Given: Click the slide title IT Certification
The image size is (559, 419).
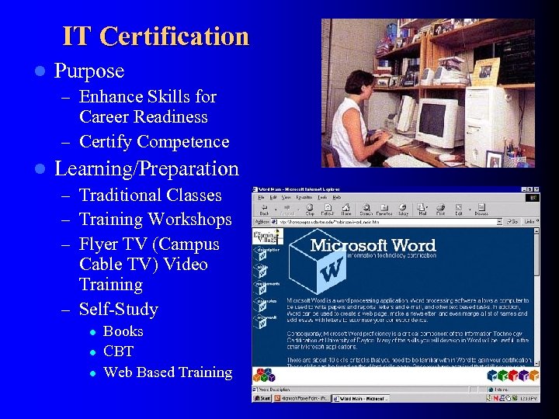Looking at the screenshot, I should coord(155,36).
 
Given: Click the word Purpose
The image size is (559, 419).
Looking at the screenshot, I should coord(89,71).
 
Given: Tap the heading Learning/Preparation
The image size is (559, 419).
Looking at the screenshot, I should coord(147,168).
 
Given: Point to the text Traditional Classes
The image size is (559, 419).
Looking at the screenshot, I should coord(151,196).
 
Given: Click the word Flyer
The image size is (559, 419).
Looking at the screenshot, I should coord(100,244).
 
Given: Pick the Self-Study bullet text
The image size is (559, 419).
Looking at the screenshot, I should coord(119,310).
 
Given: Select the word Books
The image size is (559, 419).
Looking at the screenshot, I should coord(123,331).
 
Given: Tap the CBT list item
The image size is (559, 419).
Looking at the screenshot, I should coord(119,351).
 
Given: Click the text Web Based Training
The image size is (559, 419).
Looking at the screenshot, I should coord(168,372).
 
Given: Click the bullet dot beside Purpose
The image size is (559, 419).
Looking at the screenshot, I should coord(40,71).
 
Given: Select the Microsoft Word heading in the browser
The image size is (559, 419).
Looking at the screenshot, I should coord(373,246).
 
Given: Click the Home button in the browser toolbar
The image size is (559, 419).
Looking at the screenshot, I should coord(345,209).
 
